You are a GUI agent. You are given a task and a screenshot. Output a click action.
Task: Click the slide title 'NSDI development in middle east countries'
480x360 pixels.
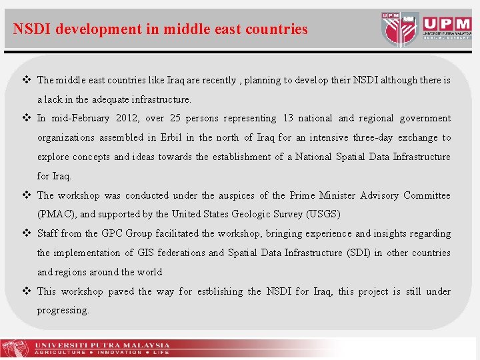pyautogui.click(x=160, y=29)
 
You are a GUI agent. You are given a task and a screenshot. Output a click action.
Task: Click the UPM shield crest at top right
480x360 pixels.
pyautogui.click(x=400, y=28)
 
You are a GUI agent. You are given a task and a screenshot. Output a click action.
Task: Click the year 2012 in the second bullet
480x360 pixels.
pyautogui.click(x=127, y=119)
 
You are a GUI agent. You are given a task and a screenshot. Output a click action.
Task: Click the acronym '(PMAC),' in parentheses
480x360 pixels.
pyautogui.click(x=57, y=215)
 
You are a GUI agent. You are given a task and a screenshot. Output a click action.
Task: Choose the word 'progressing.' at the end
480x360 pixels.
pyautogui.click(x=63, y=311)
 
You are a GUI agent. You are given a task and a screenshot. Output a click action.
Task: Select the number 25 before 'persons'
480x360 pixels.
pyautogui.click(x=175, y=119)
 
